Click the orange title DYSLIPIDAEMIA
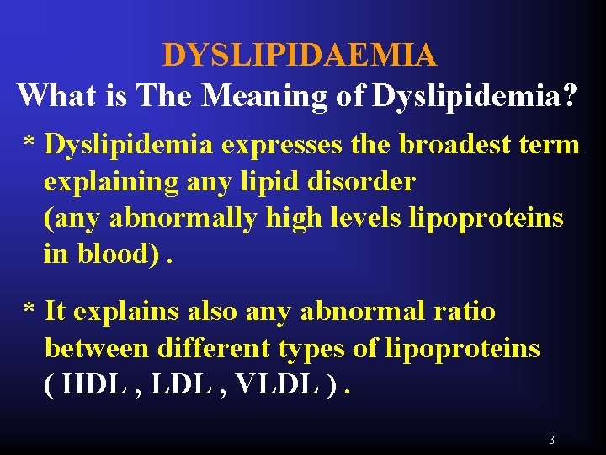coord(300,56)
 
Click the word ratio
coord(464,311)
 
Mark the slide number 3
coord(551,440)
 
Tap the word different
coord(214,347)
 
